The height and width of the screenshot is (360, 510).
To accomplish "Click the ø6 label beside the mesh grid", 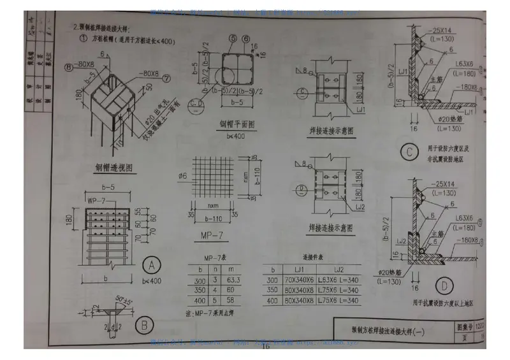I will coord(184,175).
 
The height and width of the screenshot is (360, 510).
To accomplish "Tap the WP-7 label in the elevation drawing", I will coord(96,202).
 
